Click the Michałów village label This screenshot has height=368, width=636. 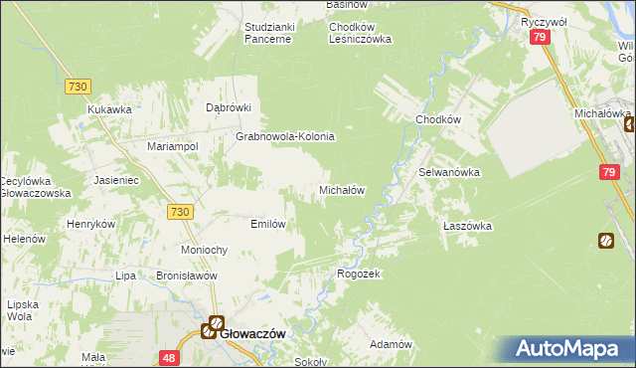click(343, 189)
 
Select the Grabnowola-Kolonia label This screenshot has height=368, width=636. click(284, 136)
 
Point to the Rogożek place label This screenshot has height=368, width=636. click(360, 274)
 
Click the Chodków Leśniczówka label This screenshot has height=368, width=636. click(361, 33)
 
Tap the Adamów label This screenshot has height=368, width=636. click(391, 343)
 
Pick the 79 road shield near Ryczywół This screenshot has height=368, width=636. click(540, 37)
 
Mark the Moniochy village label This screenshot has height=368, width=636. click(206, 249)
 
